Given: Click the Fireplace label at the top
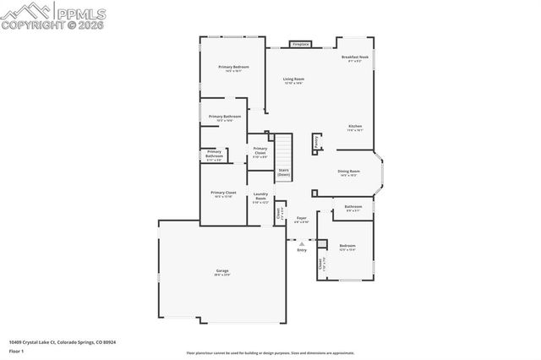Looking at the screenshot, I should click(x=301, y=44).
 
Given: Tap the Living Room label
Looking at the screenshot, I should click(x=293, y=79).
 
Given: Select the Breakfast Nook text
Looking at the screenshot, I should click(x=355, y=57).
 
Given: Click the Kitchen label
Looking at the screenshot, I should click(x=355, y=127).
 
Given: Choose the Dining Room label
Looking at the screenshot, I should click(x=348, y=172).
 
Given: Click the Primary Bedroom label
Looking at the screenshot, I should click(x=233, y=67).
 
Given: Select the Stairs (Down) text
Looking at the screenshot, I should click(x=284, y=172).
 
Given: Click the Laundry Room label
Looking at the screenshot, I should click(x=260, y=196).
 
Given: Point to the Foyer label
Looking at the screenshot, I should click(x=301, y=218).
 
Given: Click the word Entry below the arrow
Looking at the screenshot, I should click(x=302, y=250).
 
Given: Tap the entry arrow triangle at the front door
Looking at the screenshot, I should click(x=302, y=243).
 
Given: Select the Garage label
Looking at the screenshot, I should click(x=221, y=270).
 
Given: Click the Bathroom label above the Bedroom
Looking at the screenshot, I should click(x=352, y=206).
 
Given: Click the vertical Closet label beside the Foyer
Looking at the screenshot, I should click(x=278, y=214).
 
